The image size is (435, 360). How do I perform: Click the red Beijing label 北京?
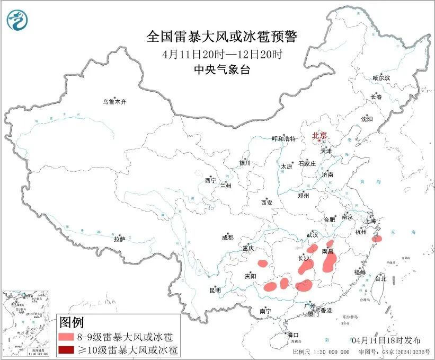[x=319, y=135]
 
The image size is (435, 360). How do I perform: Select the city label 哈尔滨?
[x=380, y=78]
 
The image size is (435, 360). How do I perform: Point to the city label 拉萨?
[x=119, y=239]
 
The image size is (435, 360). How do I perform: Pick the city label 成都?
[x=228, y=238]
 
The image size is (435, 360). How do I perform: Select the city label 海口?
[x=293, y=335]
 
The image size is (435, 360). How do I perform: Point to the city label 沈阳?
[x=367, y=119]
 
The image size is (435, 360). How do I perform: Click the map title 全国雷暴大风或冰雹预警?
[x=222, y=37]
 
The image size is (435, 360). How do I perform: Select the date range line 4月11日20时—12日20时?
[x=222, y=54]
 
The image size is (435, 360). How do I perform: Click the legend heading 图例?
[x=71, y=322]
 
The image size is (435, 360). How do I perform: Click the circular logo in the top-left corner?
[x=17, y=20]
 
